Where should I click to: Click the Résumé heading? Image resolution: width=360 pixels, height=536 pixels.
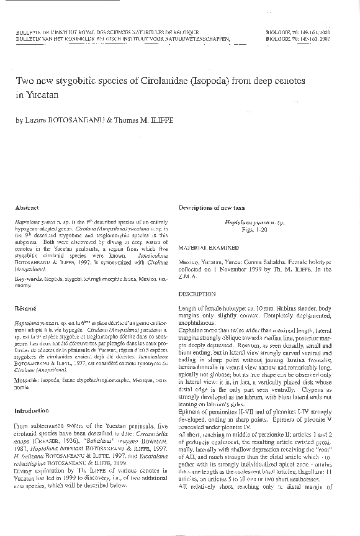point(26,308)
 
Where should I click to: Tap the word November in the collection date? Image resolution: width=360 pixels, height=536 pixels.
point(238,269)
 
